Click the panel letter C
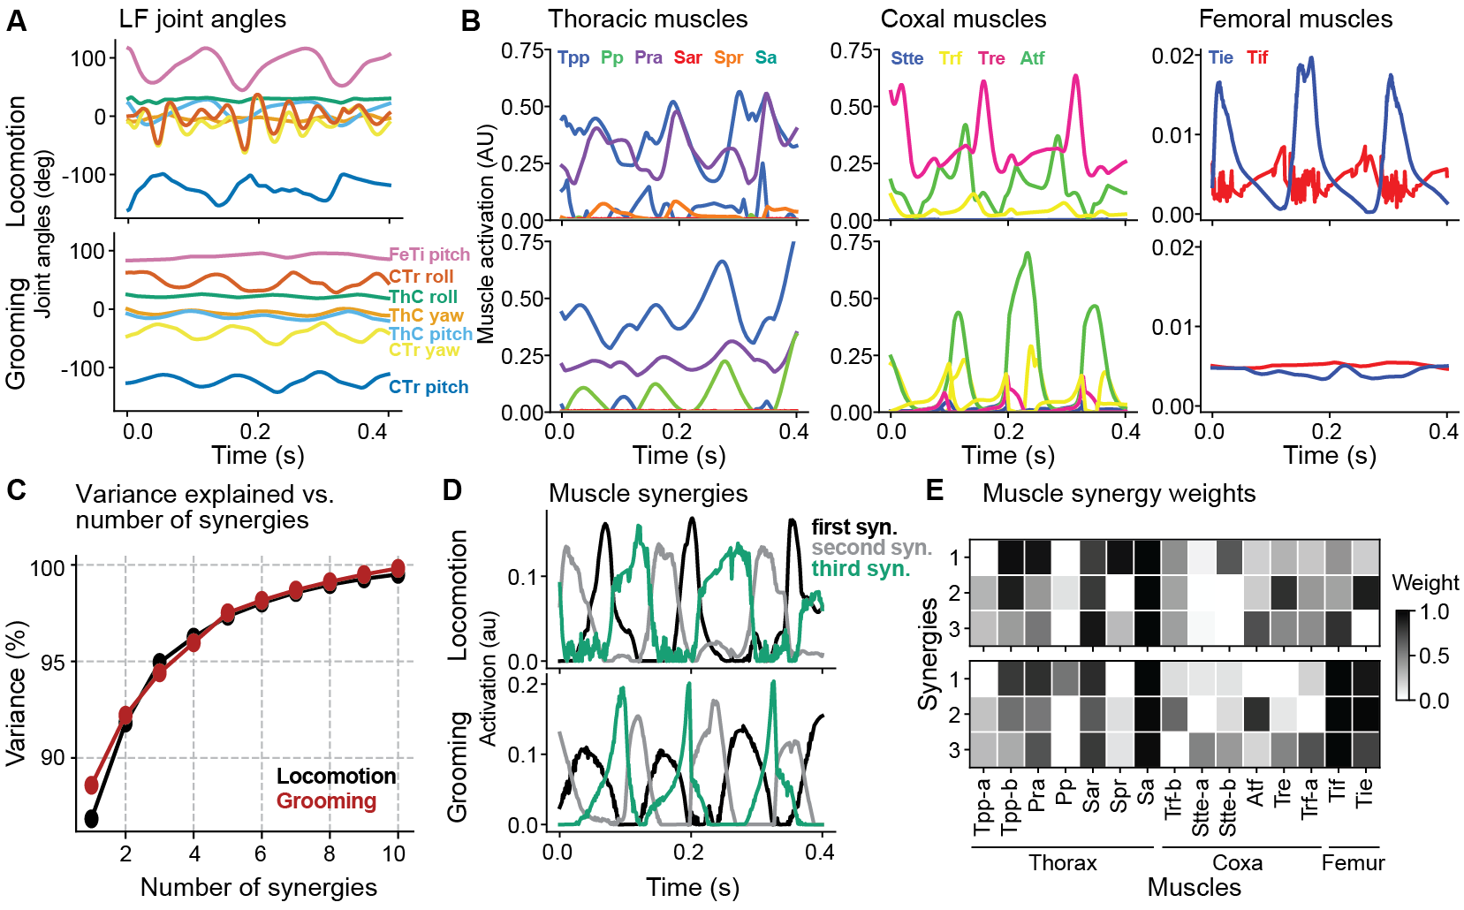pos(15,489)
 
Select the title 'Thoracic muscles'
pos(648,19)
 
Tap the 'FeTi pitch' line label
pos(429,254)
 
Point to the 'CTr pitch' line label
pos(429,387)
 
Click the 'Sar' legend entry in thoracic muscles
pos(687,57)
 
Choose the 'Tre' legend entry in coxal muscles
pos(990,58)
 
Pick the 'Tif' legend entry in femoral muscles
pos(1257,57)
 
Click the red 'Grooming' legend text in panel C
pos(326,801)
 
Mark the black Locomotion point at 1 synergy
pos(91,819)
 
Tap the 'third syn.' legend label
pos(861,569)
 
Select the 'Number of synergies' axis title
pos(258,887)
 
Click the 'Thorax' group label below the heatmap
pos(1062,863)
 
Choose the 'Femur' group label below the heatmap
pos(1353,863)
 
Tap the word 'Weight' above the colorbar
pos(1425,583)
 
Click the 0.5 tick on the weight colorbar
pos(1433,656)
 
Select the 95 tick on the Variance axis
pos(54,662)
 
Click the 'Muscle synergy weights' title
pos(1119,493)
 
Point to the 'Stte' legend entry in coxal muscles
pos(906,58)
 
